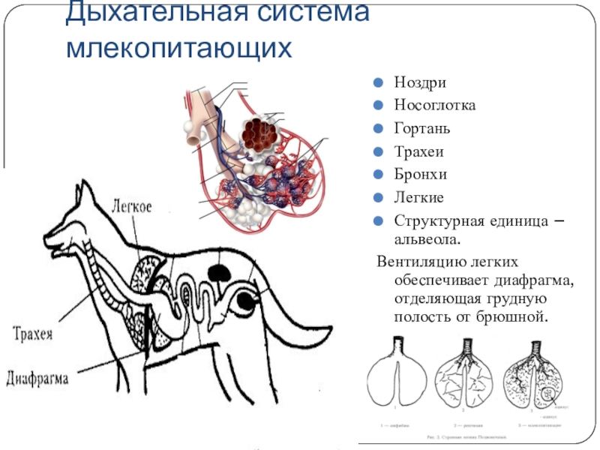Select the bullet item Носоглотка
(435, 106)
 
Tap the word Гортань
(422, 129)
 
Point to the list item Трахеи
(419, 152)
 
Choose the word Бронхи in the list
(421, 175)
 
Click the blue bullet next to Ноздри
(379, 82)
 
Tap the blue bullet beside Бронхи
(379, 175)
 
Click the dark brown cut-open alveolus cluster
(259, 133)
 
